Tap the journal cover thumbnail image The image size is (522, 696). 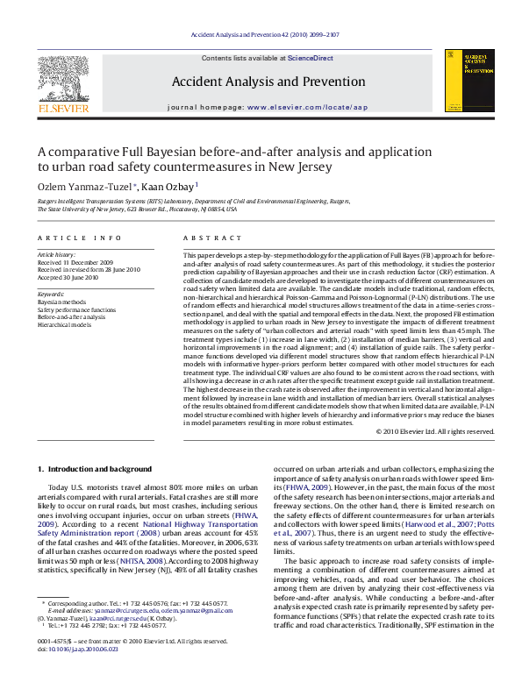pos(469,80)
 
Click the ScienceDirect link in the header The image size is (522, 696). pos(311,57)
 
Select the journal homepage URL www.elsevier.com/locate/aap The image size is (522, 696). pos(307,106)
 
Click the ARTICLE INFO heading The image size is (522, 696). pos(79,238)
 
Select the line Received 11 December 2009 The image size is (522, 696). pos(75,262)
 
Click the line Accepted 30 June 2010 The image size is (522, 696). pos(68,278)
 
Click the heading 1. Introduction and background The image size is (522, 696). pos(99,470)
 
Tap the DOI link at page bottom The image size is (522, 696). pos(79,650)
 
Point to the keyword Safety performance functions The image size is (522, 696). pos(76,309)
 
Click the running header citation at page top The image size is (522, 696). pos(261,34)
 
